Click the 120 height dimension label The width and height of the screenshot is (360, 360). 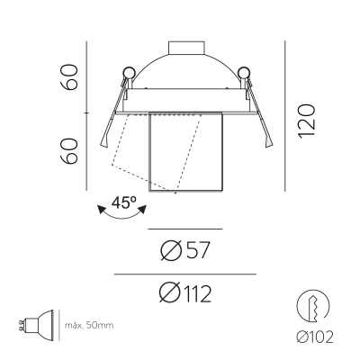click(x=307, y=121)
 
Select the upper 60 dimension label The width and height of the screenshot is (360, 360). click(x=69, y=76)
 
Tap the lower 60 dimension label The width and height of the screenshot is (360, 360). click(x=69, y=151)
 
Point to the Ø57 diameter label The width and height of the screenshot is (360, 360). click(x=184, y=250)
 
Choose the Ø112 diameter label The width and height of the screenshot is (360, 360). click(x=185, y=293)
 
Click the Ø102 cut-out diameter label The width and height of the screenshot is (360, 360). click(x=315, y=337)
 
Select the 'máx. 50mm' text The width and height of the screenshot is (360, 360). click(x=89, y=325)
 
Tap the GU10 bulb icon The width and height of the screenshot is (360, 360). click(x=36, y=325)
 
